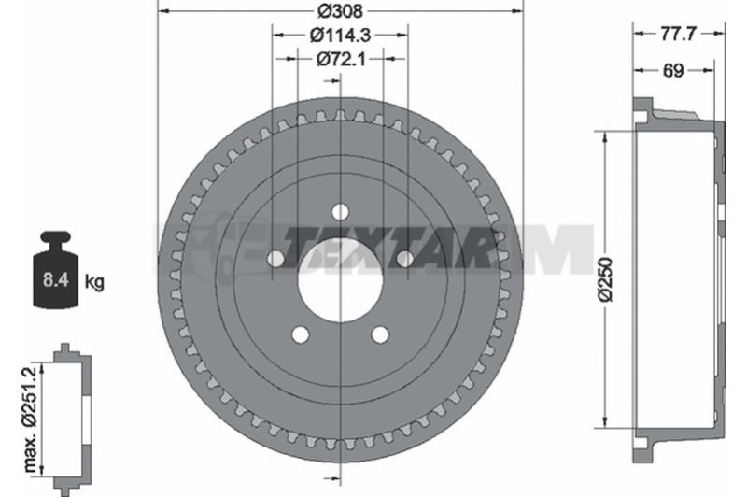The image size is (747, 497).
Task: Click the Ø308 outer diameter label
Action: pos(340,10)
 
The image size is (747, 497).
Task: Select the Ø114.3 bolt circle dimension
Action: pos(340,35)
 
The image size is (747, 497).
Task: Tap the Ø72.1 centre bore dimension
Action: pos(341,59)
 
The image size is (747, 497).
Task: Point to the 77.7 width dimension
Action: pos(679,34)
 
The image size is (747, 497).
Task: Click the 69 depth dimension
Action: pos(673,70)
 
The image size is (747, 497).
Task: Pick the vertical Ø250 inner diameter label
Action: pos(605,279)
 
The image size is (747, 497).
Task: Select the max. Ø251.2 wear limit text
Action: pos(30,419)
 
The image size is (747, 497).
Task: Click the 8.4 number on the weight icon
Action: pos(56,279)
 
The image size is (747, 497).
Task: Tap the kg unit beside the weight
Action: pos(94,281)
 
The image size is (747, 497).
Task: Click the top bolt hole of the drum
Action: pos(340,211)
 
